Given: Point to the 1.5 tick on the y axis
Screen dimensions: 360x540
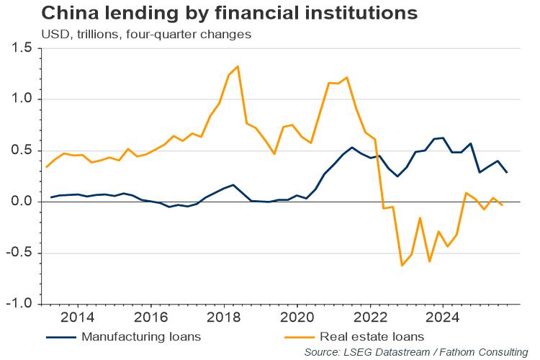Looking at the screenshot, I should (22, 48).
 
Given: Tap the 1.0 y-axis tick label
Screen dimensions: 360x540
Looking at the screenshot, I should (22, 99).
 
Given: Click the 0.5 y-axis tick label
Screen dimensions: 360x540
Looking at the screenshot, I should (22, 150).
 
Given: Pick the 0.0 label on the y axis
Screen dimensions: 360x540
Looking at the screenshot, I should (22, 202).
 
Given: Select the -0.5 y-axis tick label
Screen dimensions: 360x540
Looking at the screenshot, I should (20, 253).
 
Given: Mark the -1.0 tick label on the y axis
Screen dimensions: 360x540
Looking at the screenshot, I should (20, 304).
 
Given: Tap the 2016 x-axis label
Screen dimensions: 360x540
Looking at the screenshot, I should (150, 317).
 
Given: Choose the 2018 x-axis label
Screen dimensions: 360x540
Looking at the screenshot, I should (223, 317).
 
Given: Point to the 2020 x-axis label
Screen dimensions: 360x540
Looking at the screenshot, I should (296, 317).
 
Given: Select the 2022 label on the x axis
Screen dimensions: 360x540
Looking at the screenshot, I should (369, 317).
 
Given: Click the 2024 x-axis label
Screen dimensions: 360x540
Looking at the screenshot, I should (442, 317).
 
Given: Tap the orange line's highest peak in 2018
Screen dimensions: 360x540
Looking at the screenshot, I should (238, 66).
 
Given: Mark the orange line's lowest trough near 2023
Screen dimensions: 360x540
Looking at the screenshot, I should (402, 266).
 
